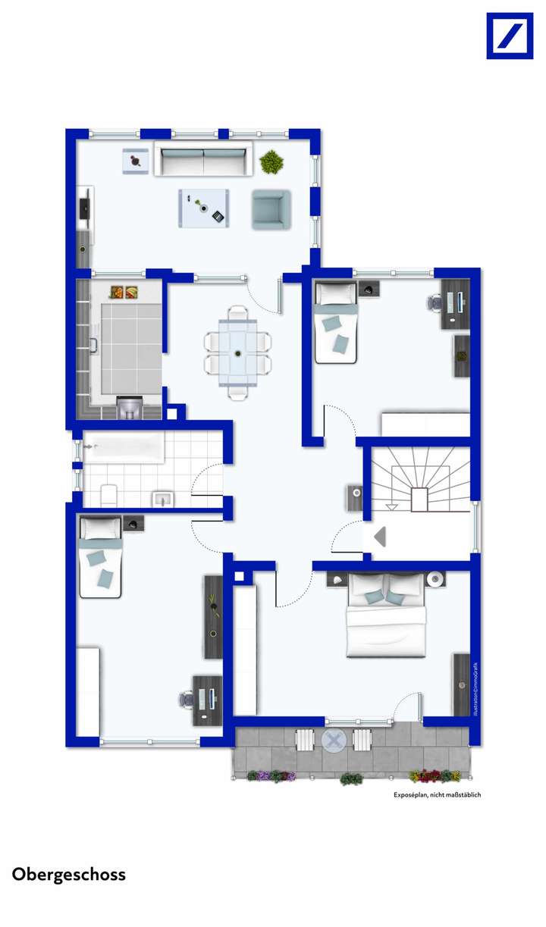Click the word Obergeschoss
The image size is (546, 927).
click(69, 874)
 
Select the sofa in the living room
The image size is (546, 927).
click(202, 158)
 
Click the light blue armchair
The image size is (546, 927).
click(271, 208)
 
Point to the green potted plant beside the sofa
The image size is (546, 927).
click(270, 161)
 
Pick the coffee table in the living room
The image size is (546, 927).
click(205, 208)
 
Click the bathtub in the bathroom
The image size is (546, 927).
click(124, 448)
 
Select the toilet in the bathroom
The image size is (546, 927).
click(108, 494)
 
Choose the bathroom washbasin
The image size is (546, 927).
click(163, 498)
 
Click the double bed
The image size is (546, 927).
click(387, 615)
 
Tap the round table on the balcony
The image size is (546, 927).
click(333, 739)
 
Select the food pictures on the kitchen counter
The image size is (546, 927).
click(125, 291)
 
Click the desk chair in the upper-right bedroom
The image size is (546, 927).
click(435, 302)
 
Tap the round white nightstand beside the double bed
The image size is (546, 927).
click(436, 579)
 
